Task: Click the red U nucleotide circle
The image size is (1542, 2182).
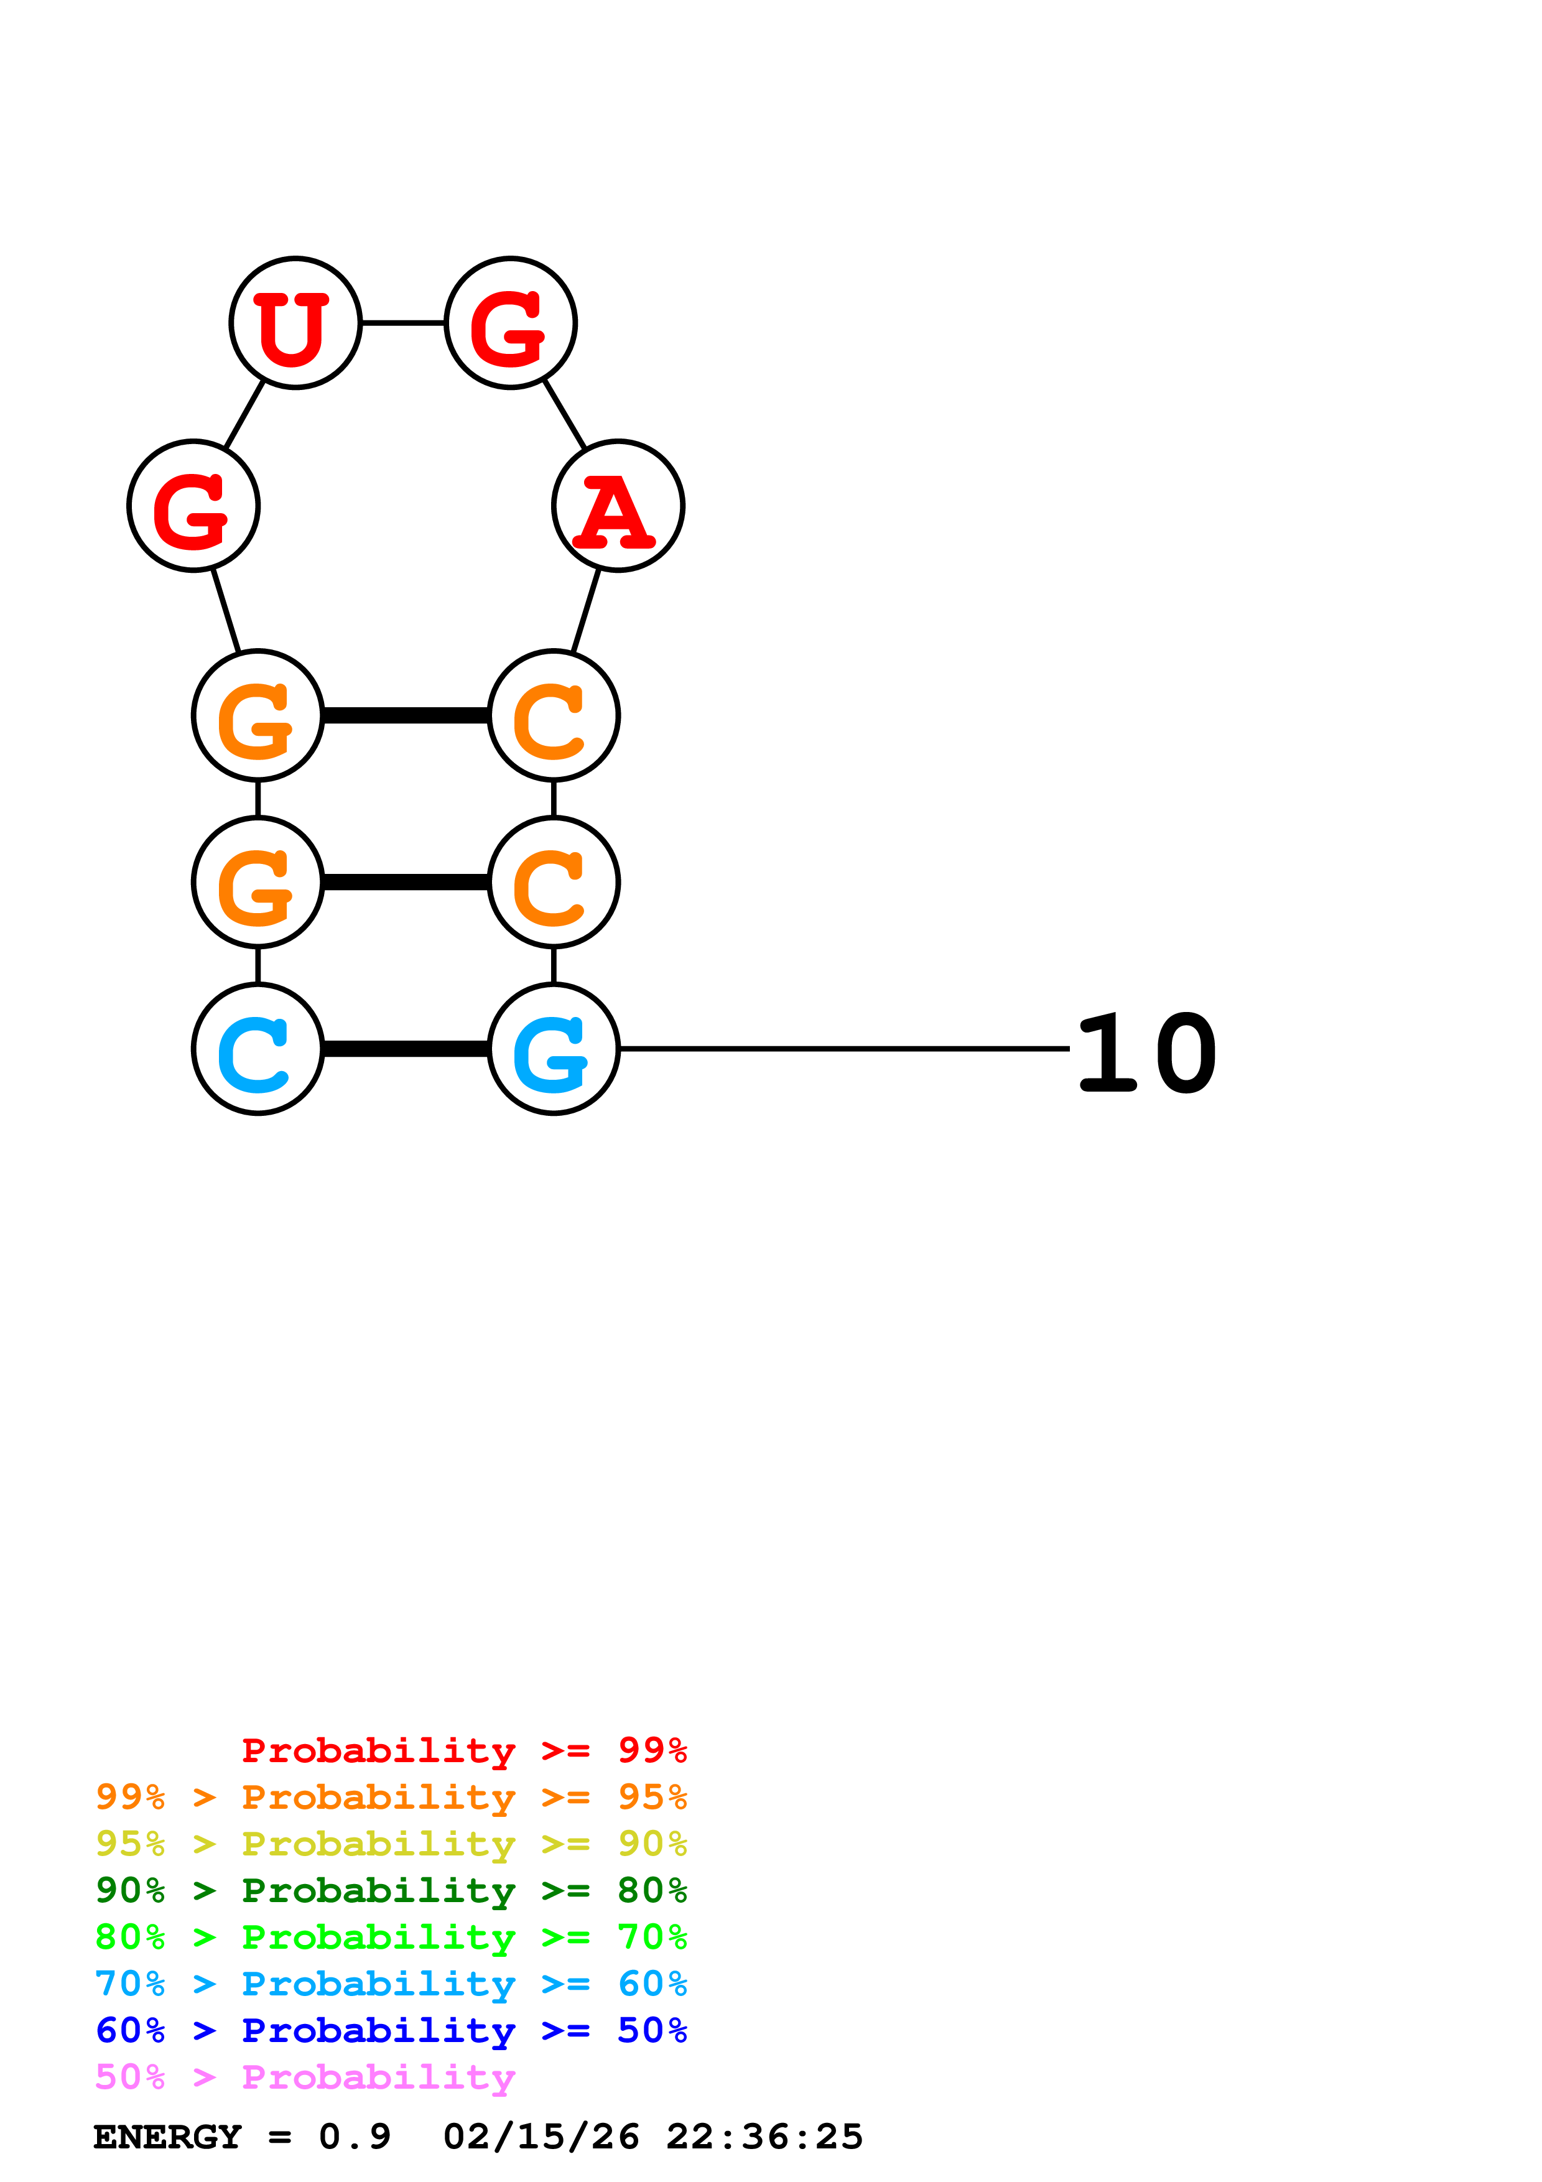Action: [295, 323]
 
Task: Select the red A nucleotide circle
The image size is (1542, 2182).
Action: [618, 506]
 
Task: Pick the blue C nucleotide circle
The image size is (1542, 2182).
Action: [258, 1049]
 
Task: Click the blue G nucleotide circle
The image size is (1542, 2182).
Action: [554, 1049]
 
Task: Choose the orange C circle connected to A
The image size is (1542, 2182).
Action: [554, 715]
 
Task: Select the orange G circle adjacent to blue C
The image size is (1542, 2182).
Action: [258, 882]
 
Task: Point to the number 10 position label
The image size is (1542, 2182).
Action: [1147, 1053]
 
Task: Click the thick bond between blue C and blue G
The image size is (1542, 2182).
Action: [406, 1049]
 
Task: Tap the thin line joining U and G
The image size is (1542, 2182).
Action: [403, 323]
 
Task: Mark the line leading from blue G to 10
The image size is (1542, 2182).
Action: [843, 1048]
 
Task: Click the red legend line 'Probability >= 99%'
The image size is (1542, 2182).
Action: [463, 1750]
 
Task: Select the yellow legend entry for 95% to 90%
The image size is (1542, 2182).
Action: [391, 1844]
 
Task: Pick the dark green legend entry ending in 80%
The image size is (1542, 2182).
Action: [391, 1890]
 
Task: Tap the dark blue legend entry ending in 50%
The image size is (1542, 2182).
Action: [391, 2030]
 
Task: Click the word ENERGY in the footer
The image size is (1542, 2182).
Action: [167, 2137]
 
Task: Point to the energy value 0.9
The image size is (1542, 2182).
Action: [355, 2137]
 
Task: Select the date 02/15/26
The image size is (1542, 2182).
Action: [541, 2137]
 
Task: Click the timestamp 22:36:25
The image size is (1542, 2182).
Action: [764, 2137]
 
